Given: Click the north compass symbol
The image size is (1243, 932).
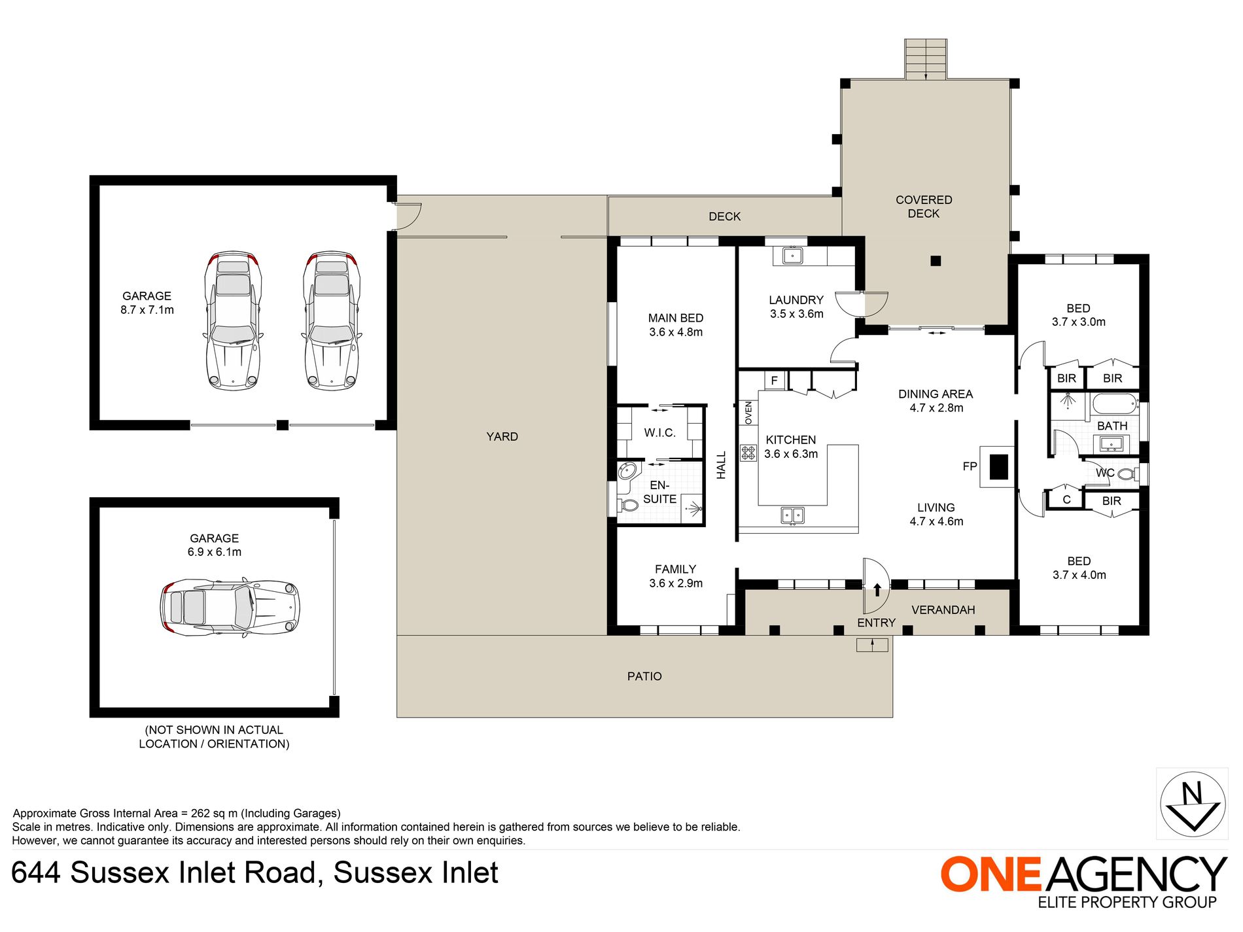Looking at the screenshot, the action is click(1193, 804).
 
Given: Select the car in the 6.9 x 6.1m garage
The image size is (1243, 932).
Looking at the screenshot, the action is click(230, 607).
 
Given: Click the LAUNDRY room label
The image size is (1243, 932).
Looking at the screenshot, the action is click(796, 300).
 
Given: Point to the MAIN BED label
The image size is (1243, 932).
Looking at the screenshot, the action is click(676, 319).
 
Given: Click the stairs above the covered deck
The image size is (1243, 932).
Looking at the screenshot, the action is click(926, 59).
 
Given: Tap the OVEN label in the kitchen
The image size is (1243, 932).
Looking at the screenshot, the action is click(748, 413).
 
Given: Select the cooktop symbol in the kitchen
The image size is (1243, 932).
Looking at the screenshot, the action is click(748, 452).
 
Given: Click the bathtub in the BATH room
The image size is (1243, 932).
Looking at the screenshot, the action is click(1115, 404).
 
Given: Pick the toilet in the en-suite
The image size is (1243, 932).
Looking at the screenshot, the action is click(628, 505).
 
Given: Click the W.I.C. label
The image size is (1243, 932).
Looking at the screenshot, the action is click(659, 433).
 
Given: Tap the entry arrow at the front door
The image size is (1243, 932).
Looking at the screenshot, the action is click(877, 589).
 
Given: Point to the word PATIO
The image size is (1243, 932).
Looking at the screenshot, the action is click(644, 676).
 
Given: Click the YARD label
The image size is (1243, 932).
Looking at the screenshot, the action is click(502, 437).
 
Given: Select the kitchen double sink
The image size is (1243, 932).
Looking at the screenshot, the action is click(793, 515).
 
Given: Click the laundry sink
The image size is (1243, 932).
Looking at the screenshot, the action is click(792, 255).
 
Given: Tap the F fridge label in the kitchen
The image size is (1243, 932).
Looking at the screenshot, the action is click(775, 380).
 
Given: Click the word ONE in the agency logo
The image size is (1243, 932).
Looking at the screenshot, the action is click(990, 874).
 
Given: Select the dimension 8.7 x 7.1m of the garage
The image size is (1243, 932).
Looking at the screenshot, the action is click(147, 310).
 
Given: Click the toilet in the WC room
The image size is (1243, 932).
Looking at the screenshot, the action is click(1127, 474).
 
